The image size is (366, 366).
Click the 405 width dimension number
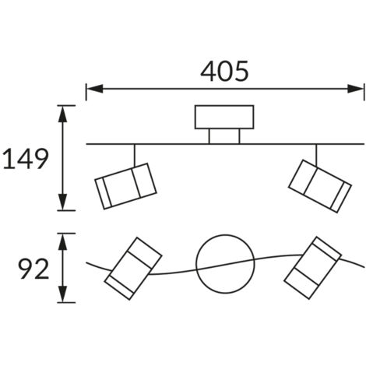tap(224, 71)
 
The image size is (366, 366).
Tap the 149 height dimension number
tap(26, 159)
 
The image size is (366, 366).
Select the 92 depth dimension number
tap(33, 269)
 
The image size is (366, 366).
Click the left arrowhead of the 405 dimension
tap(95, 89)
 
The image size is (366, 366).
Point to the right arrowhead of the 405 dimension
tap(356, 89)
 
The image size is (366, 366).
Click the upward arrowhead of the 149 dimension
tap(62, 114)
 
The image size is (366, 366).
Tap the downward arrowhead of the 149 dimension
tap(62, 202)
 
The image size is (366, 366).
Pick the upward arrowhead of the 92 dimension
tap(62, 241)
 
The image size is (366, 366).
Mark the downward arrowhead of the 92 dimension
tap(62, 294)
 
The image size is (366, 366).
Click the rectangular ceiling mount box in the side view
tap(224, 117)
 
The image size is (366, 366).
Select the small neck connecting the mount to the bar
tap(224, 136)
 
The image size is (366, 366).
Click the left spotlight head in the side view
tap(125, 186)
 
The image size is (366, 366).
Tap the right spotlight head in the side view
tap(320, 186)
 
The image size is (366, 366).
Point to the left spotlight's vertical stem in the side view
tap(135, 155)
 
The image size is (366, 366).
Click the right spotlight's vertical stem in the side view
tap(316, 155)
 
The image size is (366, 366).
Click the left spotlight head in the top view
tap(133, 269)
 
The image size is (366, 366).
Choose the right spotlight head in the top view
tap(312, 268)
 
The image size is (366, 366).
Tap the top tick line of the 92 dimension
tap(66, 234)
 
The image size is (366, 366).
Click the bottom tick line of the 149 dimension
tap(66, 210)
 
